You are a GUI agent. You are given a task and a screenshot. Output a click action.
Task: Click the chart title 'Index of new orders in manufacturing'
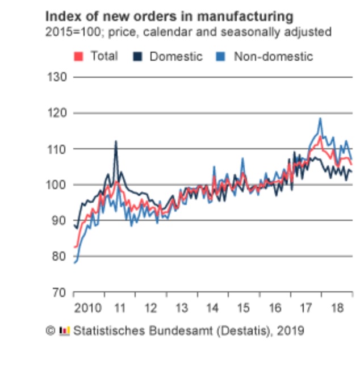pos(169,15)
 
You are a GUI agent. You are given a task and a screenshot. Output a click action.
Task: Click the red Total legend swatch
pos(79,56)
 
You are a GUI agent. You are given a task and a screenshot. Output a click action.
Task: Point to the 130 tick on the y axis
pos(57,77)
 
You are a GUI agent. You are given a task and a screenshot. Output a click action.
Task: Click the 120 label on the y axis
pos(57,113)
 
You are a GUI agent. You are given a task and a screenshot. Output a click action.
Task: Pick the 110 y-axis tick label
pos(57,149)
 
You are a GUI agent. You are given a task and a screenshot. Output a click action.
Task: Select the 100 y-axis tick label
pos(57,185)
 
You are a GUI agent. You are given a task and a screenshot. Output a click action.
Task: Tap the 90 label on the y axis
pos(60,220)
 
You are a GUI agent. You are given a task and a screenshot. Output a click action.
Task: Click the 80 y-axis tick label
pos(60,256)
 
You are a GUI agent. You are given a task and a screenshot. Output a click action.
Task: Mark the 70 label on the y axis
pos(60,292)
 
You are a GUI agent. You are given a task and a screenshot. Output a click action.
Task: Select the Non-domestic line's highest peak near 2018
pos(320,119)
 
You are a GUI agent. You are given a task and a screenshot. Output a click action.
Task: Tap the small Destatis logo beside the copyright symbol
pos(64,330)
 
